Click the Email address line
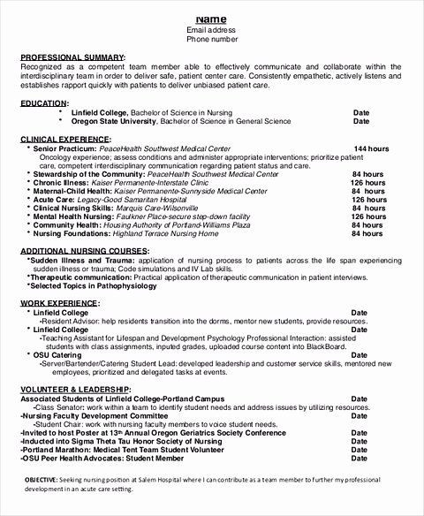(212, 30)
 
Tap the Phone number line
(212, 40)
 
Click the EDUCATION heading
(44, 103)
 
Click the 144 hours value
(372, 148)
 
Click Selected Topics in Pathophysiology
(90, 286)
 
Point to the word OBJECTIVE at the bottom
(41, 478)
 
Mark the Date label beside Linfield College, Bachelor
(361, 113)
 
